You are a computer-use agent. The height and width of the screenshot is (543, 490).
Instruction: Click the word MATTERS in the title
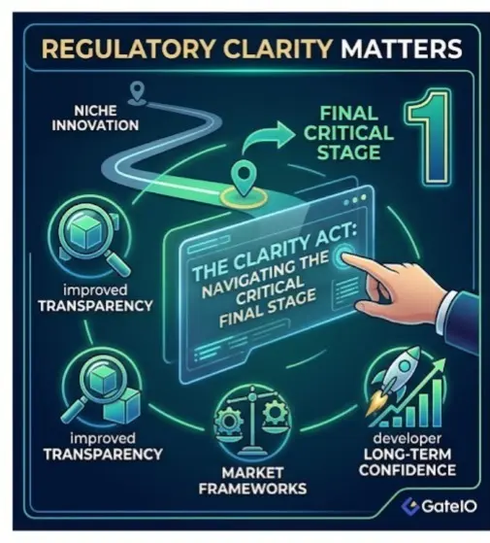click(402, 49)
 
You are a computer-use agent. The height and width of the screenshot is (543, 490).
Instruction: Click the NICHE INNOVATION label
click(95, 119)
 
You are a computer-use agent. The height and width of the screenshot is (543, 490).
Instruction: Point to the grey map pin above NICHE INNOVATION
click(138, 90)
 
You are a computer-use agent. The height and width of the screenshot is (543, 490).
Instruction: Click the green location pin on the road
click(244, 180)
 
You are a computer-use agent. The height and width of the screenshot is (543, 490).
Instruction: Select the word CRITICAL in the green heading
click(348, 133)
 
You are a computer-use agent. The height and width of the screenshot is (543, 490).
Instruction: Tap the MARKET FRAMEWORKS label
click(253, 481)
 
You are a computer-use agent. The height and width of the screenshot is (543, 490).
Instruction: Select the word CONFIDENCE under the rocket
click(408, 470)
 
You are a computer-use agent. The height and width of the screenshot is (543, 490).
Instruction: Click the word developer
click(408, 439)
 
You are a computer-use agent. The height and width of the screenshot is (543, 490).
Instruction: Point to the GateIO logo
click(439, 506)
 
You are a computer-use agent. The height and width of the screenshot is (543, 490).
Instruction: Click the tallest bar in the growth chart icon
click(437, 403)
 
